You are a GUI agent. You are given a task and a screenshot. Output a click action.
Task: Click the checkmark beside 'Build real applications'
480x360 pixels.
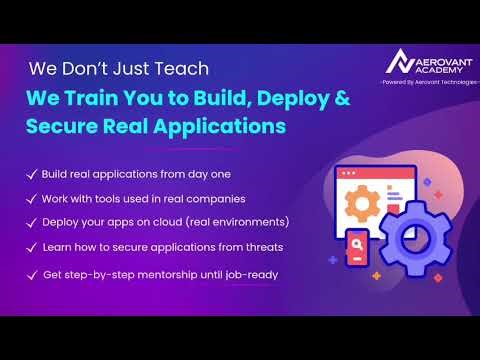point(32,174)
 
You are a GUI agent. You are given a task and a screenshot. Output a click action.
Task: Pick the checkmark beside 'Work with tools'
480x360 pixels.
point(32,198)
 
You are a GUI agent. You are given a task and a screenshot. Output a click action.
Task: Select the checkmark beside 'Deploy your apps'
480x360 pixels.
point(32,222)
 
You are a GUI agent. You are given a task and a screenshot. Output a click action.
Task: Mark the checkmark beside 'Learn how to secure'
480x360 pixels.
point(32,247)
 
